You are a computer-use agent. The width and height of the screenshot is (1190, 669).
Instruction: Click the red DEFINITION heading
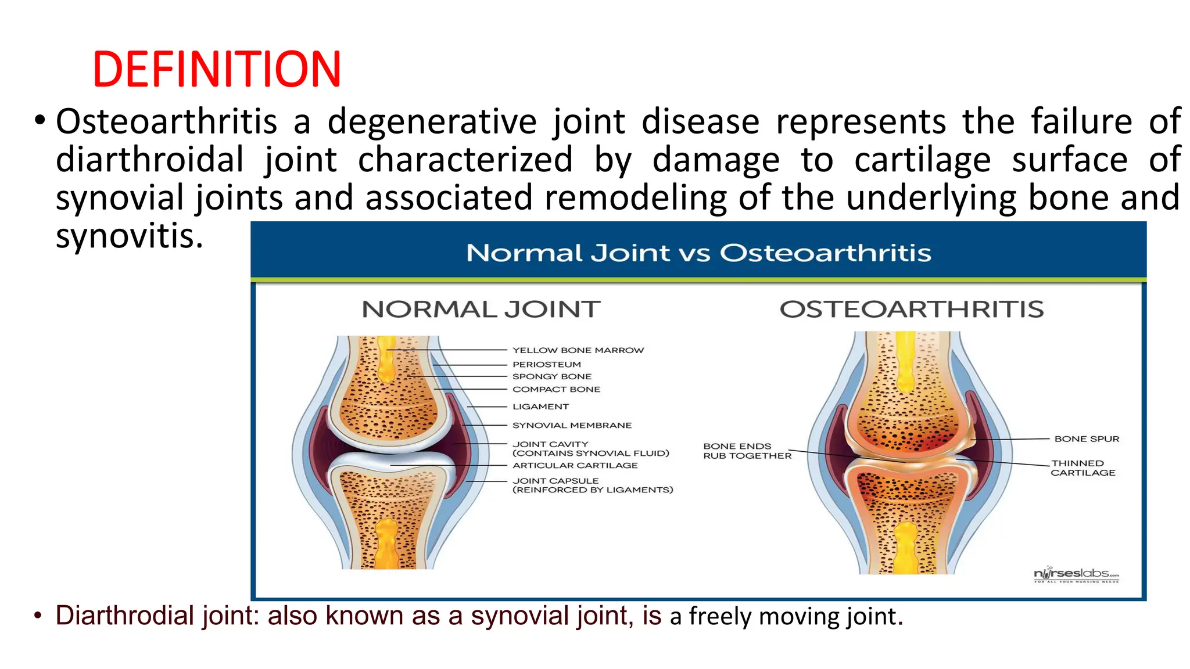pyautogui.click(x=216, y=69)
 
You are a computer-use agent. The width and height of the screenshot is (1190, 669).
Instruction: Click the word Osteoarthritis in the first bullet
pyautogui.click(x=166, y=122)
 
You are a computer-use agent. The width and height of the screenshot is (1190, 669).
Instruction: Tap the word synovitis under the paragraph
pyautogui.click(x=129, y=236)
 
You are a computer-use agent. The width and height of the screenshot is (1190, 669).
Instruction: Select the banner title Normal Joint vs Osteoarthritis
pyautogui.click(x=698, y=253)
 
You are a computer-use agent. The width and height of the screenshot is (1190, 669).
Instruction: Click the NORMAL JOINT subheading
pyautogui.click(x=481, y=310)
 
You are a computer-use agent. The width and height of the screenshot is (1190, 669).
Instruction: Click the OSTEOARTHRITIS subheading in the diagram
pyautogui.click(x=911, y=310)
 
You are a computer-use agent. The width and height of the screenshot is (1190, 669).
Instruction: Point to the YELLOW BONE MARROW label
pyautogui.click(x=578, y=350)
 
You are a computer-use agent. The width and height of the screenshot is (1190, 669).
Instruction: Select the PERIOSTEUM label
pyautogui.click(x=546, y=364)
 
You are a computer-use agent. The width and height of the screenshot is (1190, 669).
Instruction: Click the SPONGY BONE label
pyautogui.click(x=551, y=376)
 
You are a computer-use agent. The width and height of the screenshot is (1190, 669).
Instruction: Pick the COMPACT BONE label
pyautogui.click(x=556, y=389)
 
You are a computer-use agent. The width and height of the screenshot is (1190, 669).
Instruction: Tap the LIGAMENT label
pyautogui.click(x=540, y=407)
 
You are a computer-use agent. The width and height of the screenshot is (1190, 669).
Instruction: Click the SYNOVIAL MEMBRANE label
pyautogui.click(x=572, y=425)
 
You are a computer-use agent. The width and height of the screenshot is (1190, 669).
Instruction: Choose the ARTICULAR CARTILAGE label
pyautogui.click(x=575, y=465)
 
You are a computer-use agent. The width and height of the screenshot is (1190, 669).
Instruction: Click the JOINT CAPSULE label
pyautogui.click(x=555, y=481)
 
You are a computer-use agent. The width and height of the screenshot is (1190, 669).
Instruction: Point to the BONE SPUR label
pyautogui.click(x=1086, y=439)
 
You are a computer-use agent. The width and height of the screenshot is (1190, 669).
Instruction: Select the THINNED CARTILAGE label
pyautogui.click(x=1082, y=468)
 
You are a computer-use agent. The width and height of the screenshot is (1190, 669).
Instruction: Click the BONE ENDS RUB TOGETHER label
pyautogui.click(x=747, y=451)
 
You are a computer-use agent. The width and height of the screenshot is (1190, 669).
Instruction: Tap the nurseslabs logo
pyautogui.click(x=1076, y=574)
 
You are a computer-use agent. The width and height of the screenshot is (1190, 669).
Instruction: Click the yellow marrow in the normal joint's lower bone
pyautogui.click(x=387, y=543)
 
